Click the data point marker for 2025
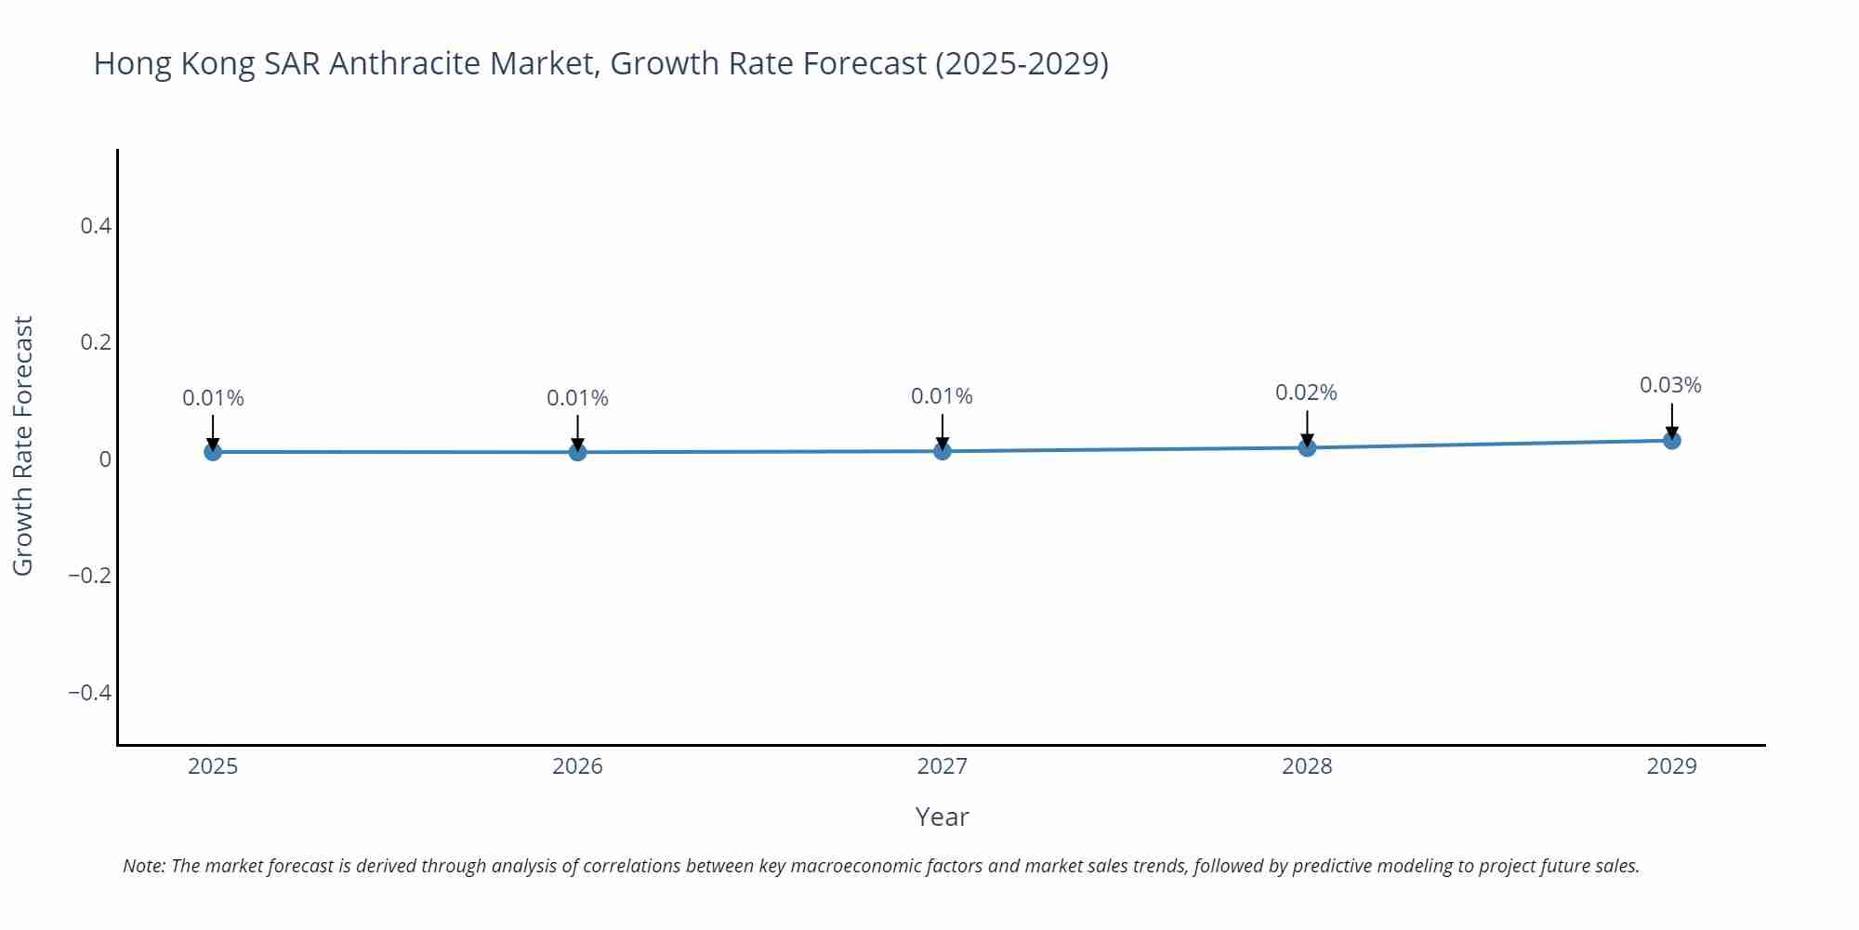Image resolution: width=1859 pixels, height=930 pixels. click(213, 452)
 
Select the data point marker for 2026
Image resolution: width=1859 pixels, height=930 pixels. click(577, 452)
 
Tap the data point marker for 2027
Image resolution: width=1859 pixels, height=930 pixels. click(943, 451)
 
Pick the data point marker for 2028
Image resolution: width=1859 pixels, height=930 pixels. click(1307, 447)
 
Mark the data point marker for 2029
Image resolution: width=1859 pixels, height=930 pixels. click(1671, 440)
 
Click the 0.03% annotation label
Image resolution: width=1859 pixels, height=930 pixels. click(1670, 385)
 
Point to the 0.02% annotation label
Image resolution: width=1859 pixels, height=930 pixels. click(1306, 392)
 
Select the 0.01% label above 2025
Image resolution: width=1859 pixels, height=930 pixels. click(213, 398)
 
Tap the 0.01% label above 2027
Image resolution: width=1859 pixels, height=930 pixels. click(942, 396)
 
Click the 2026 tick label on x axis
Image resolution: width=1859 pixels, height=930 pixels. click(577, 766)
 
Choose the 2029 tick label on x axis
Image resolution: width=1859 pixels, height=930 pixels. click(1671, 766)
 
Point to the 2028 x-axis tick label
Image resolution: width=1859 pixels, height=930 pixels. click(1307, 766)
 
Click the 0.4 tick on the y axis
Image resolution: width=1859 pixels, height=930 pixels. click(96, 226)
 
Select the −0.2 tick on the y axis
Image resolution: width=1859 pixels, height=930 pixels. click(89, 576)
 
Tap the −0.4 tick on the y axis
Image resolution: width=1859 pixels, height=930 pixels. click(89, 693)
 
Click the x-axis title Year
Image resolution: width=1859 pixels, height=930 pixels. click(942, 817)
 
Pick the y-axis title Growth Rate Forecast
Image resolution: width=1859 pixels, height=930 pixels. click(23, 445)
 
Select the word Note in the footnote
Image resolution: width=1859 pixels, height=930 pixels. click(143, 866)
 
